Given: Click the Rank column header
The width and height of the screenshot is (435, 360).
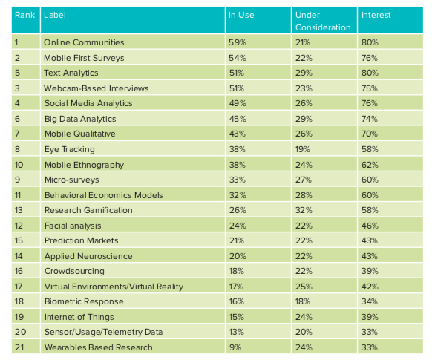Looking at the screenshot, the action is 25,15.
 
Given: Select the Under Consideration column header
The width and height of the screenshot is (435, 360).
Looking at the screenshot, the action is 323,21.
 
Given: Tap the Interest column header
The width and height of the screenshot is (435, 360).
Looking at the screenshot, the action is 376,15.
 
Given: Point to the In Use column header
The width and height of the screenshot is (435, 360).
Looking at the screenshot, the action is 241,15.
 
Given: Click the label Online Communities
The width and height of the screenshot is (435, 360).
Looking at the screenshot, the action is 84,42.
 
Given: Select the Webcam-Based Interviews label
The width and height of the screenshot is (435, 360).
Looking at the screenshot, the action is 97,88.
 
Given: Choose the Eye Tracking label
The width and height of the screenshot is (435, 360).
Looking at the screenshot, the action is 70,149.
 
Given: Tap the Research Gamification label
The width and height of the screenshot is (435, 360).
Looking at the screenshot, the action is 88,210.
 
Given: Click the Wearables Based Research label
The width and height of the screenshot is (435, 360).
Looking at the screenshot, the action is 99,347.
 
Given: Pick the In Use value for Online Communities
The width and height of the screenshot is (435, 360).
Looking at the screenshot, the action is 238,42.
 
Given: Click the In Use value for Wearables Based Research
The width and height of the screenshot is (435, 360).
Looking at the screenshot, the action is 235,347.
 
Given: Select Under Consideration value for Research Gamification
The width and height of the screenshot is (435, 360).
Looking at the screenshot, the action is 304,210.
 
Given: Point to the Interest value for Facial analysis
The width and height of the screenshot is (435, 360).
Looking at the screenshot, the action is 370,226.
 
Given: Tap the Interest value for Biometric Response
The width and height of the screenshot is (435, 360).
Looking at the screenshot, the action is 370,301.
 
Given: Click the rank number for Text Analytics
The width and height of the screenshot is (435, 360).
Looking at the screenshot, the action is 18,73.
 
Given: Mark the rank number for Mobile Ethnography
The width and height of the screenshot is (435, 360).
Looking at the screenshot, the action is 19,165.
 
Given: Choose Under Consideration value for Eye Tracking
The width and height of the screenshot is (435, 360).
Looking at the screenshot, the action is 303,149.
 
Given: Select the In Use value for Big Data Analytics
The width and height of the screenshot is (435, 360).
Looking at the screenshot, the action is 238,119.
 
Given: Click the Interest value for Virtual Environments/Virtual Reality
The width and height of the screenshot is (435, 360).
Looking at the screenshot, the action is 370,287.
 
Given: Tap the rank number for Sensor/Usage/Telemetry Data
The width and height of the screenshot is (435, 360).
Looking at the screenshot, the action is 21,332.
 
